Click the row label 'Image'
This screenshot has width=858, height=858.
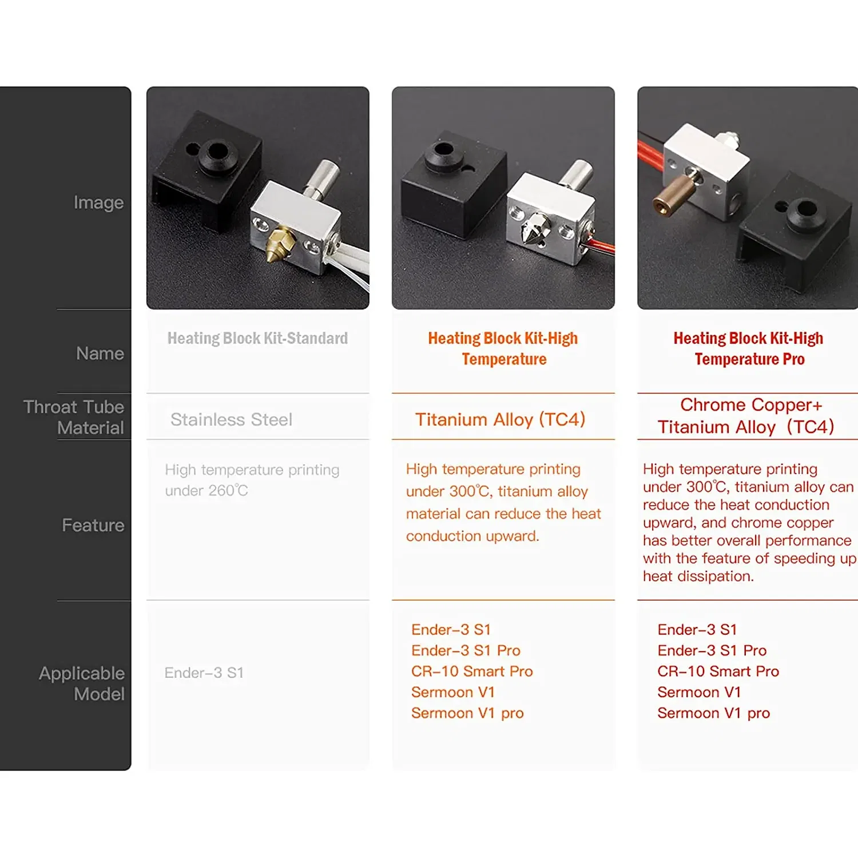(x=98, y=202)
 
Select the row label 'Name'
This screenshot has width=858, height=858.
(x=100, y=353)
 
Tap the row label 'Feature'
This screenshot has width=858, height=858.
(x=93, y=525)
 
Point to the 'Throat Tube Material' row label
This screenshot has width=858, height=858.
(x=74, y=417)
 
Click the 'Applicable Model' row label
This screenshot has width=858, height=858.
(x=82, y=684)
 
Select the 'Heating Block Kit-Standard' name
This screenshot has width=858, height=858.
(x=257, y=339)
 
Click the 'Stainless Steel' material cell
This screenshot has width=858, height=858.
(x=231, y=420)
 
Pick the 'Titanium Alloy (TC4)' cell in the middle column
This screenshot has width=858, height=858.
(x=500, y=420)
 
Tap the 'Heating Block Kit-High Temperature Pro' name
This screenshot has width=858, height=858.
(x=749, y=348)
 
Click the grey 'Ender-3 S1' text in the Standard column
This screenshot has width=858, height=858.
(x=204, y=673)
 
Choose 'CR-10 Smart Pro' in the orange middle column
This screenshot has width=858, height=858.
(x=472, y=672)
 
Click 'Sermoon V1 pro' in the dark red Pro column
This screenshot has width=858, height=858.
(x=713, y=713)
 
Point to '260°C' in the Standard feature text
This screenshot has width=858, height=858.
(x=228, y=491)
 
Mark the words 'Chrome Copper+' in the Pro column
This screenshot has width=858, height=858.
(x=751, y=405)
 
